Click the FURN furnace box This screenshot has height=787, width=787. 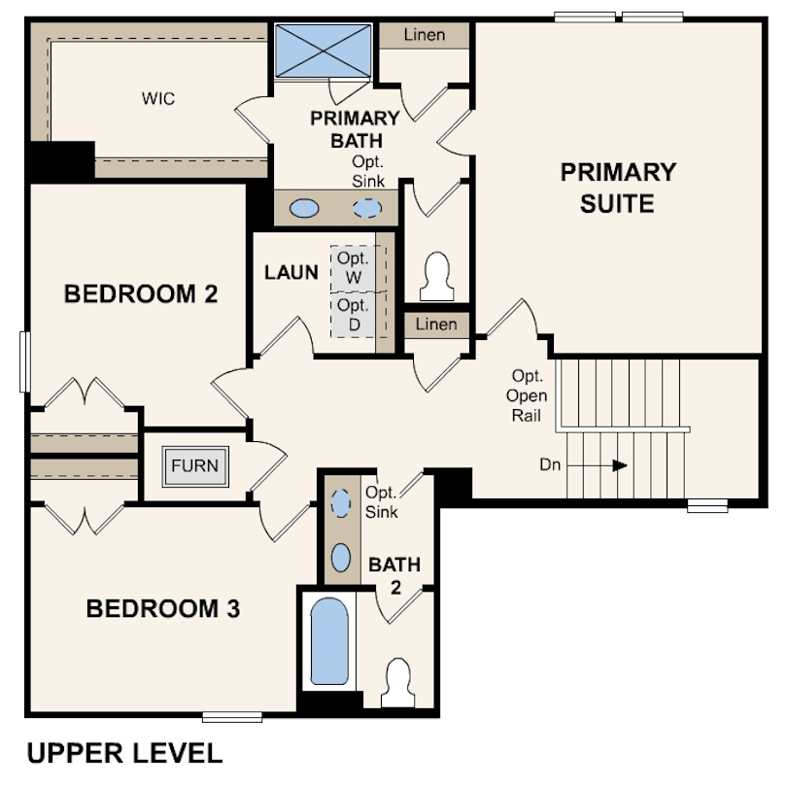(195, 466)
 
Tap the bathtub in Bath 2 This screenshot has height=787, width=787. (329, 641)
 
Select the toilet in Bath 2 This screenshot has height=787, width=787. (398, 683)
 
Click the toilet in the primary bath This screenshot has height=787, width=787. (436, 277)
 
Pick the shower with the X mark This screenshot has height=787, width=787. (323, 51)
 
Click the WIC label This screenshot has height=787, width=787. (158, 98)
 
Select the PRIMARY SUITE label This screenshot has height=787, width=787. (618, 188)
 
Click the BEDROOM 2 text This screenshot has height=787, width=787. (141, 293)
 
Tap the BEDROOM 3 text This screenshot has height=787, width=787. (163, 608)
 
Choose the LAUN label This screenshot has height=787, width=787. (291, 273)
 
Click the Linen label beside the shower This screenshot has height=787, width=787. (425, 35)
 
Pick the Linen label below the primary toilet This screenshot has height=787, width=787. (436, 325)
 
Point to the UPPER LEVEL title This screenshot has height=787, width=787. (124, 753)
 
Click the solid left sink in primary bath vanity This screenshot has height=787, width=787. (304, 208)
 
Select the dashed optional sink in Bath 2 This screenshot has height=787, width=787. (341, 503)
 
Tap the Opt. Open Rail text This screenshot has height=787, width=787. (527, 395)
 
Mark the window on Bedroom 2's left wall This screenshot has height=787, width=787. (24, 361)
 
